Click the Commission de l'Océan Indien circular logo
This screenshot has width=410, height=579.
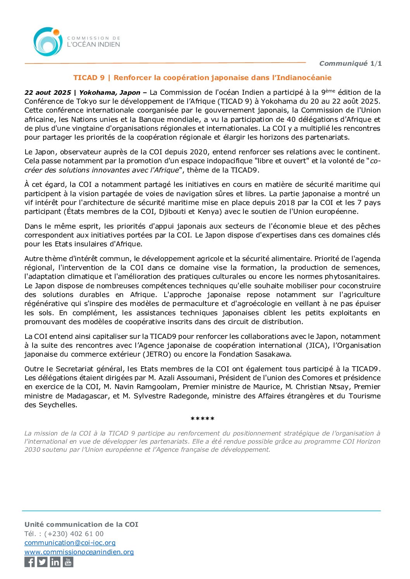coord(48,42)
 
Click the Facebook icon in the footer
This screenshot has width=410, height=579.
coord(29,562)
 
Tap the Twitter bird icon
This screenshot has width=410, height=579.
coord(42,562)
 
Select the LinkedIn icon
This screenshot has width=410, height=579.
coord(55,562)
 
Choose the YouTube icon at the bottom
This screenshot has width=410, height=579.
coord(68,562)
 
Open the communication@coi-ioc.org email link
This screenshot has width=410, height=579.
coord(70,543)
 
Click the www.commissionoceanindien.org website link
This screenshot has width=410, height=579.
coord(79,552)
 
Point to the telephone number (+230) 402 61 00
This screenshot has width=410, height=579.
coord(74,534)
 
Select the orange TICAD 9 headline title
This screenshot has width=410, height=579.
coord(202,78)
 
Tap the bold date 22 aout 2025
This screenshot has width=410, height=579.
coord(48,92)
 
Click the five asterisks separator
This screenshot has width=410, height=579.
coord(202,419)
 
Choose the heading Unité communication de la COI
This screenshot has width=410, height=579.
coord(81,524)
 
